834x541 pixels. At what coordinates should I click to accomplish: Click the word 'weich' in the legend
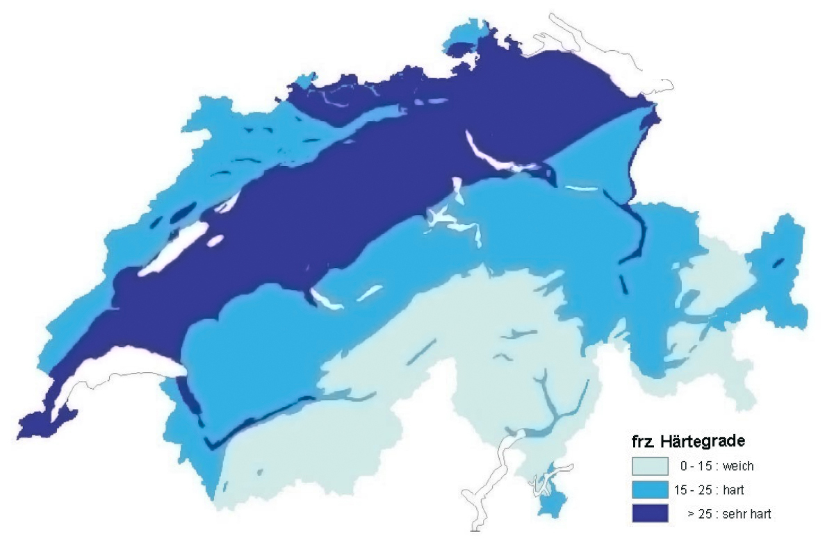click(740, 466)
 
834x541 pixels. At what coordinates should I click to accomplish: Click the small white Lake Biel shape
click(230, 202)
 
